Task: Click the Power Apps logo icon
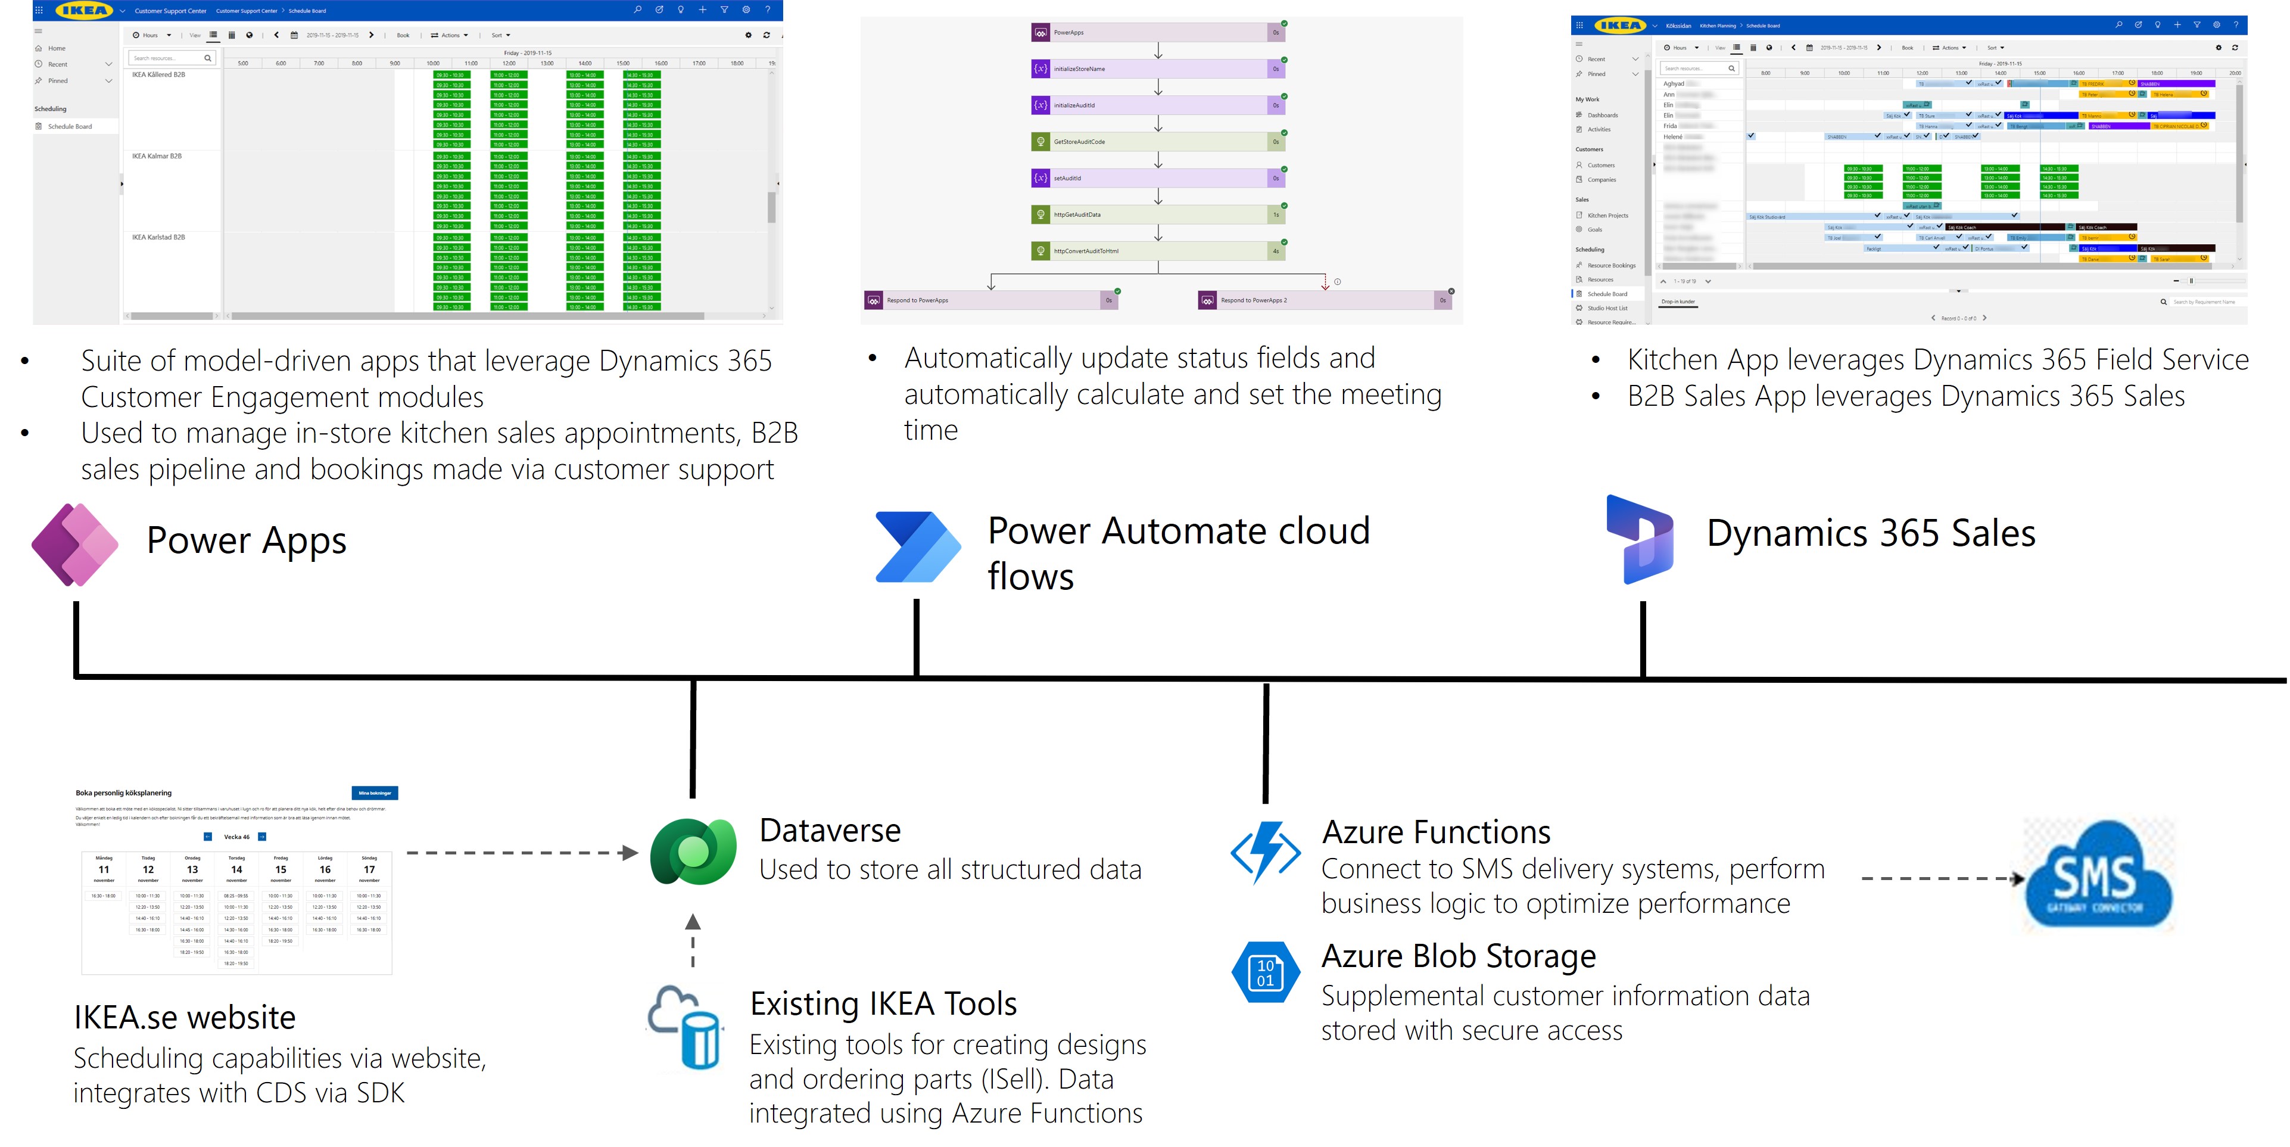tap(74, 544)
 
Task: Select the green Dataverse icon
tap(693, 852)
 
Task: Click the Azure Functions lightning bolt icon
tap(1266, 852)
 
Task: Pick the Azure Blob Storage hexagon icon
tap(1265, 972)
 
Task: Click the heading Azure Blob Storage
tap(1458, 956)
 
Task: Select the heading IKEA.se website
tap(184, 1017)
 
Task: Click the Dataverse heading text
tap(830, 829)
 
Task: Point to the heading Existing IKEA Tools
tap(883, 1003)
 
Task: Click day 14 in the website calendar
tap(236, 869)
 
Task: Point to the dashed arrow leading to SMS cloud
tap(1942, 878)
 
